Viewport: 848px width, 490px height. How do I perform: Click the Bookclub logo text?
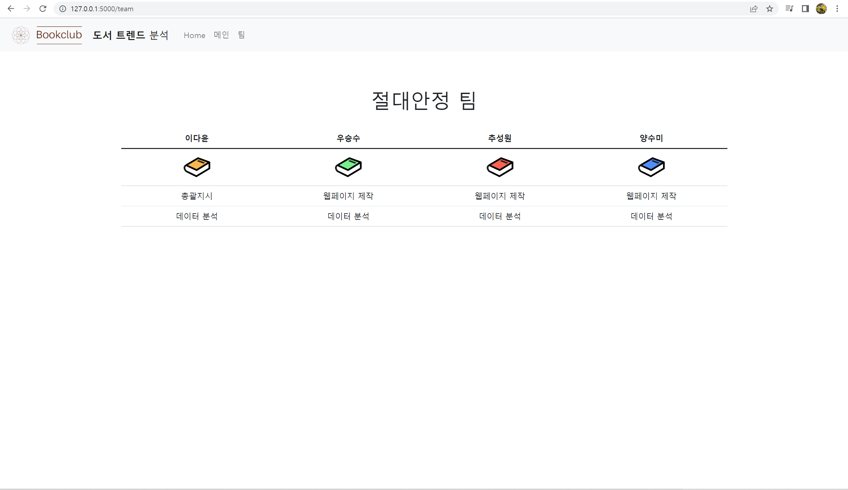(59, 35)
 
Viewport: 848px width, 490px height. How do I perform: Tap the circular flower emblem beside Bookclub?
(21, 35)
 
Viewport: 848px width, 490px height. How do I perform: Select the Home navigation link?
(194, 35)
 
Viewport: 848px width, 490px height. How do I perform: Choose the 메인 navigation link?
(221, 35)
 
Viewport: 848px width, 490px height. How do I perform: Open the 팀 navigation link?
(241, 35)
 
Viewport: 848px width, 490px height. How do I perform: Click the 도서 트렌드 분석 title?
(131, 35)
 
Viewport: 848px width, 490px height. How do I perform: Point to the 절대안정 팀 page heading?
(424, 101)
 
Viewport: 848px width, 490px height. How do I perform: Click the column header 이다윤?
(196, 138)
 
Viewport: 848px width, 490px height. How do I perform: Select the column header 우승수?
(348, 138)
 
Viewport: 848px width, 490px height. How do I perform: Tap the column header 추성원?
(500, 138)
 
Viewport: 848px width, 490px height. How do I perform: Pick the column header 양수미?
(651, 138)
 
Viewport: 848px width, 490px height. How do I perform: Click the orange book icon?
(197, 167)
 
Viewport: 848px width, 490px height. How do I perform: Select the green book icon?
(348, 167)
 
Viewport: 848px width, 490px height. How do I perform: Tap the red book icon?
(500, 167)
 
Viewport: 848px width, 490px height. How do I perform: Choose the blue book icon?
(651, 167)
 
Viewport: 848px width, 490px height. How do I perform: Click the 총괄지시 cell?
(196, 196)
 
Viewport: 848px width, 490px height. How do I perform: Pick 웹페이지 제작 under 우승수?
(348, 196)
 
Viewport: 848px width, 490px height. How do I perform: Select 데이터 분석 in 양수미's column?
(651, 216)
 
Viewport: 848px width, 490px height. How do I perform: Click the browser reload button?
(43, 9)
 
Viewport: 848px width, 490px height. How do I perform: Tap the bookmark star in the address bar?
(769, 9)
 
